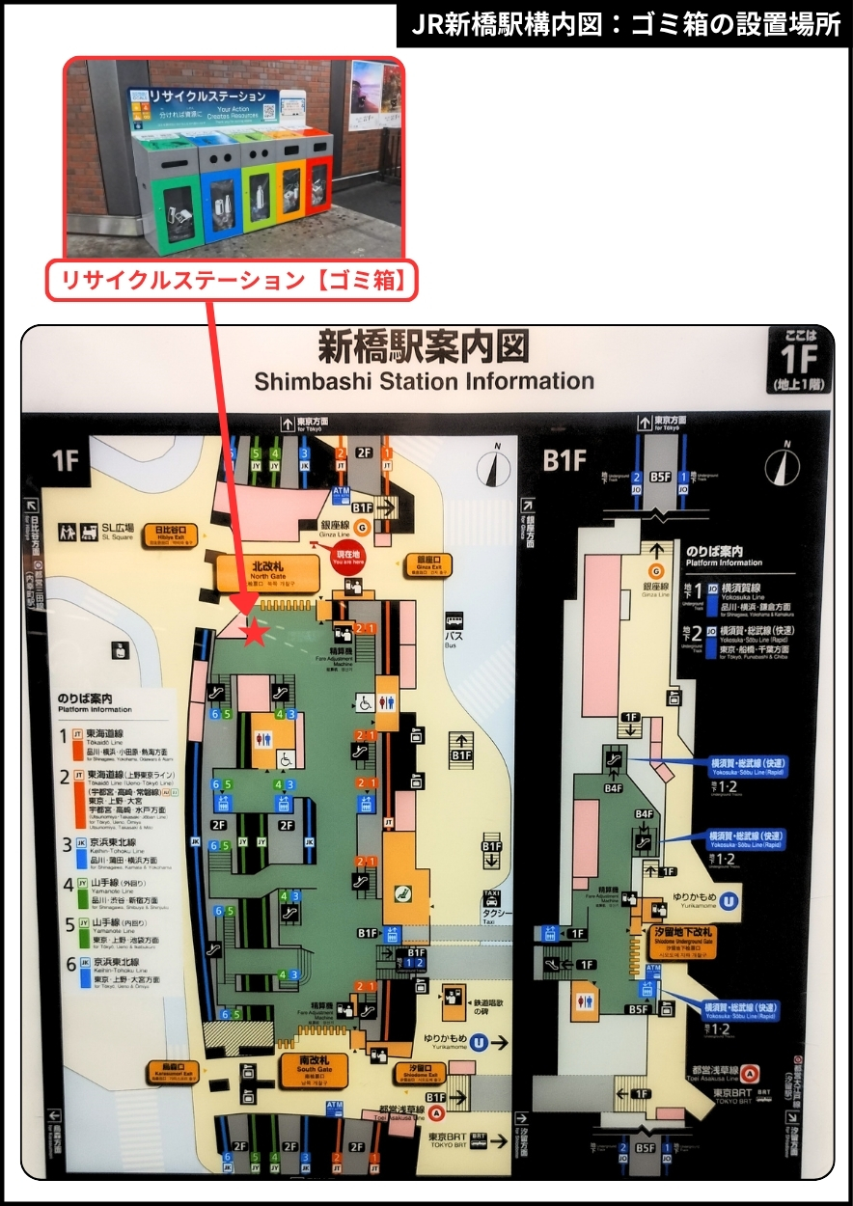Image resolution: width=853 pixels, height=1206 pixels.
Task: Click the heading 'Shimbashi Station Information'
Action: click(424, 381)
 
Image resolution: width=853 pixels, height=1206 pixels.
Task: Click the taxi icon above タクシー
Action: click(492, 897)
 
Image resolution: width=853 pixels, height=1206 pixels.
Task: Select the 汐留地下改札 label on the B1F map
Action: click(683, 935)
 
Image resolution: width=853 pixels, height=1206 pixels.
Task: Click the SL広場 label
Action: click(114, 530)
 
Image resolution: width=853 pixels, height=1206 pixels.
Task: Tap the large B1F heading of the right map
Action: click(564, 460)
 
